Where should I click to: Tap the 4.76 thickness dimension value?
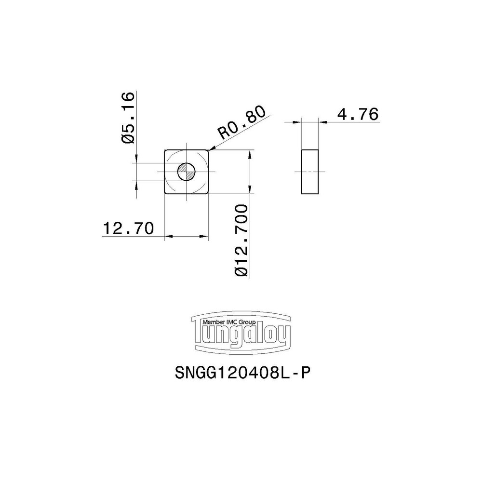357,114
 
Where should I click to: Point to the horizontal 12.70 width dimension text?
127,228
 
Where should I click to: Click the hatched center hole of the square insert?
186,172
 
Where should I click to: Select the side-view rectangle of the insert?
310,172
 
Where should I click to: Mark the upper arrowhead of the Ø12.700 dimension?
250,152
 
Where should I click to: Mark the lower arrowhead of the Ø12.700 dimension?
250,191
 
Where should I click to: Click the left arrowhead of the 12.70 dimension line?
167,237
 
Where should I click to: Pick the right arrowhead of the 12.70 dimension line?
207,237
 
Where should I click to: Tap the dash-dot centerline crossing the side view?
310,172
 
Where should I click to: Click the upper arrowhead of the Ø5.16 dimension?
137,160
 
